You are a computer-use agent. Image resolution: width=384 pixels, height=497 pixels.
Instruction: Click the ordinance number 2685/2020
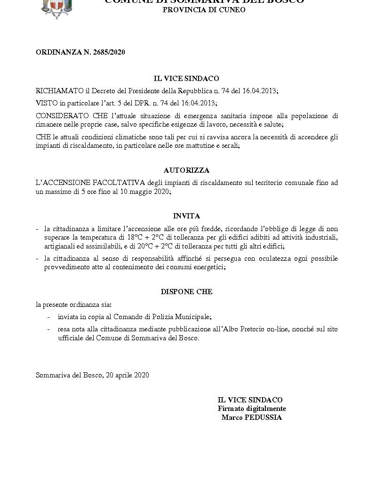[109, 52]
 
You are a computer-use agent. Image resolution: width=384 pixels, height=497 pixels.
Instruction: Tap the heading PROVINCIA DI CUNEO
[204, 9]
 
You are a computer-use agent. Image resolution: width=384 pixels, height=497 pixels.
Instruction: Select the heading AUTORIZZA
[186, 170]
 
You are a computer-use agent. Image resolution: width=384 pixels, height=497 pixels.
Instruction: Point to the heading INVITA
[186, 216]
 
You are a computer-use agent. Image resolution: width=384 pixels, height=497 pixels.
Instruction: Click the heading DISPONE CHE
[186, 292]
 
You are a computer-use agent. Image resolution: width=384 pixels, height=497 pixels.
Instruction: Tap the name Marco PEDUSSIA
[251, 417]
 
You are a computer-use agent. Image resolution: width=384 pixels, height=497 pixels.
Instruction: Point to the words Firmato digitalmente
[251, 409]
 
